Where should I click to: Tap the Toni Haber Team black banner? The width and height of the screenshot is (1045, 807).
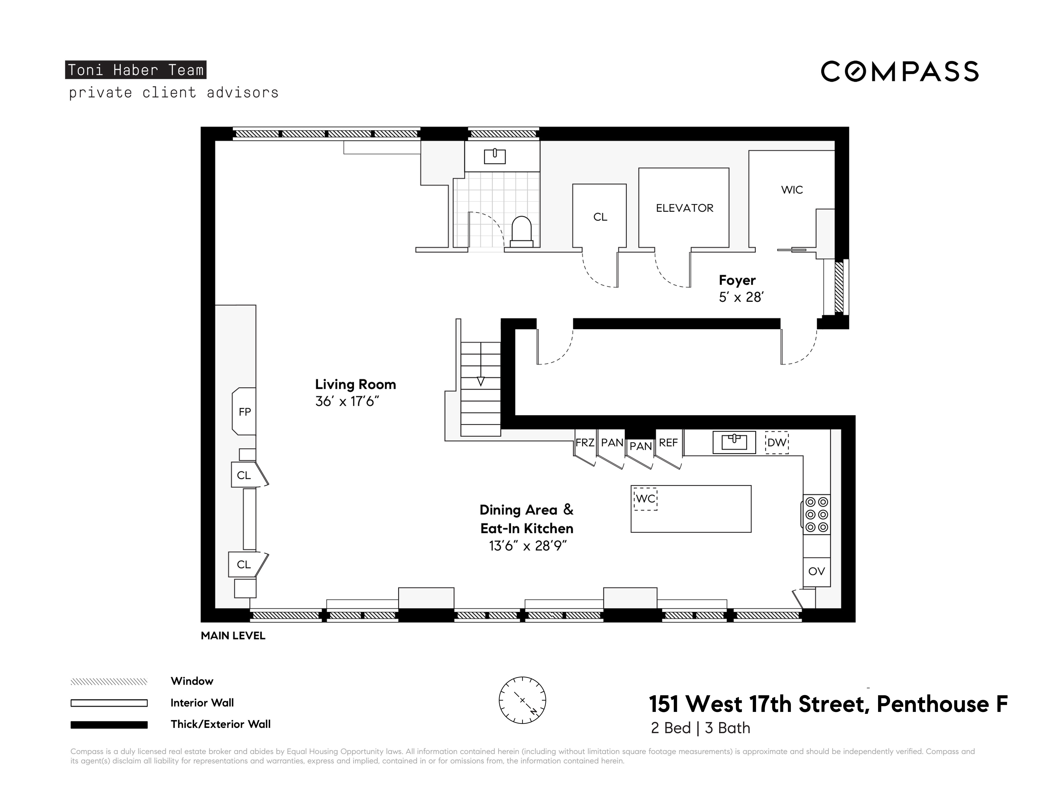pyautogui.click(x=135, y=70)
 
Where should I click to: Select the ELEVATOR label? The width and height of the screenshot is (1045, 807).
pyautogui.click(x=684, y=208)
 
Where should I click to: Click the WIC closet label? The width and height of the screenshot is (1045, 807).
pyautogui.click(x=792, y=190)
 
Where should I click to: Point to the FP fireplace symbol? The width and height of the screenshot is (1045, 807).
pyautogui.click(x=245, y=412)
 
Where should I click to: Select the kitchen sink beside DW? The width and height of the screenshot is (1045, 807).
pyautogui.click(x=734, y=442)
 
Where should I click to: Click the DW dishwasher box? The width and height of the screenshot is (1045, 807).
pyautogui.click(x=776, y=443)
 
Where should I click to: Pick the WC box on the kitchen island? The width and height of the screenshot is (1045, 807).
pyautogui.click(x=645, y=499)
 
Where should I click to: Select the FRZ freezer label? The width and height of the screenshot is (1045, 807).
pyautogui.click(x=585, y=443)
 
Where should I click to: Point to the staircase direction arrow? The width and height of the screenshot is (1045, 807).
pyautogui.click(x=481, y=382)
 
